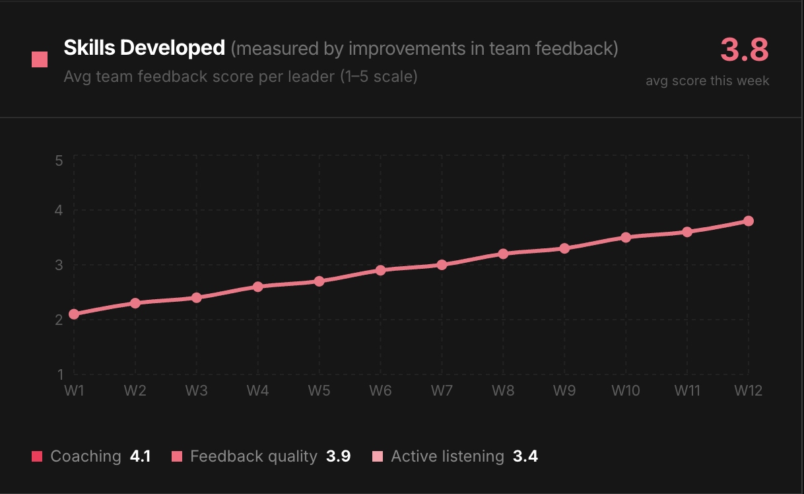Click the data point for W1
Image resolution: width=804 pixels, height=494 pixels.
tap(74, 314)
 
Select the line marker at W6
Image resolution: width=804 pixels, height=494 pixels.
tap(380, 270)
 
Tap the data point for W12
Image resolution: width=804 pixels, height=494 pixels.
tap(748, 221)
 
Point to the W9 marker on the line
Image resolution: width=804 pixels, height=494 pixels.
tap(564, 248)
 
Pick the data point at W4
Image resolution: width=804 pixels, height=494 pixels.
tap(257, 287)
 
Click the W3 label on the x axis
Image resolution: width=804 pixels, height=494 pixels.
tap(196, 390)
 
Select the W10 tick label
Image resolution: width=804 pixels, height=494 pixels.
tap(625, 390)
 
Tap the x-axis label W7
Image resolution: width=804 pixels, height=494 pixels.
tap(442, 390)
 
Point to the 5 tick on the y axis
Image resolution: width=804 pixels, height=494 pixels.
tap(59, 160)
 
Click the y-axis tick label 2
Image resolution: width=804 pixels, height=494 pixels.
tap(59, 320)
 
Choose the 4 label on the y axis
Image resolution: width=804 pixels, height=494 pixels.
tap(59, 210)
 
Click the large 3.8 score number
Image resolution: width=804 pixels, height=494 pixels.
tap(745, 50)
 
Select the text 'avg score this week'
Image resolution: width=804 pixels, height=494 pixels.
tap(708, 81)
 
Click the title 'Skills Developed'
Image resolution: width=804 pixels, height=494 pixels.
tap(144, 48)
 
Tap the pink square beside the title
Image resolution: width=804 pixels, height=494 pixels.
tap(40, 59)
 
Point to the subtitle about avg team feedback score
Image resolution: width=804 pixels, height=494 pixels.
tap(240, 77)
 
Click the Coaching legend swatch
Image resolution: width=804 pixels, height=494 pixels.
tap(37, 456)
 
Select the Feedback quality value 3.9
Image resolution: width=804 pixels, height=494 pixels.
tap(338, 456)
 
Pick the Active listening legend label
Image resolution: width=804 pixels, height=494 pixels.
tap(447, 456)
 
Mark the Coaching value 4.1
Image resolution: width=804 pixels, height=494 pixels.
tap(140, 456)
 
